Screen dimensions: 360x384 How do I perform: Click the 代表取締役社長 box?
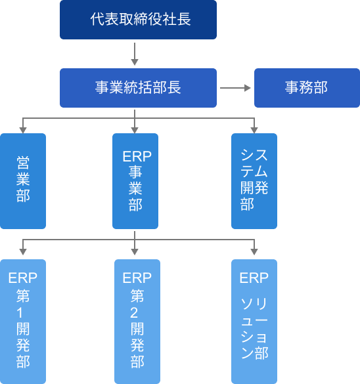pyautogui.click(x=138, y=20)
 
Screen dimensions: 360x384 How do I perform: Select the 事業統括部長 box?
pyautogui.click(x=138, y=88)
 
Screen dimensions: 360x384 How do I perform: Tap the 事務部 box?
pyautogui.click(x=307, y=88)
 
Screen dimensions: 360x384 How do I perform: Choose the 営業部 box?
pyautogui.click(x=23, y=181)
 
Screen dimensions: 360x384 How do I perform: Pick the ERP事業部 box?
pyautogui.click(x=135, y=181)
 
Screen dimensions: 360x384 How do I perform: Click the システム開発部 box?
pyautogui.click(x=254, y=181)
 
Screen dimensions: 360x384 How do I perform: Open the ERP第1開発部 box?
pyautogui.click(x=23, y=322)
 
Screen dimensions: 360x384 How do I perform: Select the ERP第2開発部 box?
pyautogui.click(x=137, y=322)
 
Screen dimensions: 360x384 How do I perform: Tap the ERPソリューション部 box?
pyautogui.click(x=254, y=322)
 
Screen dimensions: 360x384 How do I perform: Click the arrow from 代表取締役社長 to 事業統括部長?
pyautogui.click(x=135, y=54)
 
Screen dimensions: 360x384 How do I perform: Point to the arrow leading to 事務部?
pyautogui.click(x=235, y=88)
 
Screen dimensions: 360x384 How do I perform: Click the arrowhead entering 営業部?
pyautogui.click(x=23, y=130)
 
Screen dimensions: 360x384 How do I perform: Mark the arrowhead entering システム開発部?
pyautogui.click(x=254, y=130)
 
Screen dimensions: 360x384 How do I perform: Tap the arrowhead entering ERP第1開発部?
pyautogui.click(x=23, y=252)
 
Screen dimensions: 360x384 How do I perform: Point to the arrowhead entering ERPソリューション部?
pyautogui.click(x=254, y=252)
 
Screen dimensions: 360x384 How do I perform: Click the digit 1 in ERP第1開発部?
pyautogui.click(x=20, y=313)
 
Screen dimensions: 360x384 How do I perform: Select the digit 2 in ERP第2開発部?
pyautogui.click(x=134, y=313)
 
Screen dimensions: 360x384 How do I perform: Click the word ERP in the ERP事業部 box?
pyautogui.click(x=137, y=156)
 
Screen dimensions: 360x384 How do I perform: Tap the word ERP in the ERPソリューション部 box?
pyautogui.click(x=254, y=278)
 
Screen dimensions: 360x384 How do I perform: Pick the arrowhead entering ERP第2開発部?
pyautogui.click(x=135, y=252)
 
